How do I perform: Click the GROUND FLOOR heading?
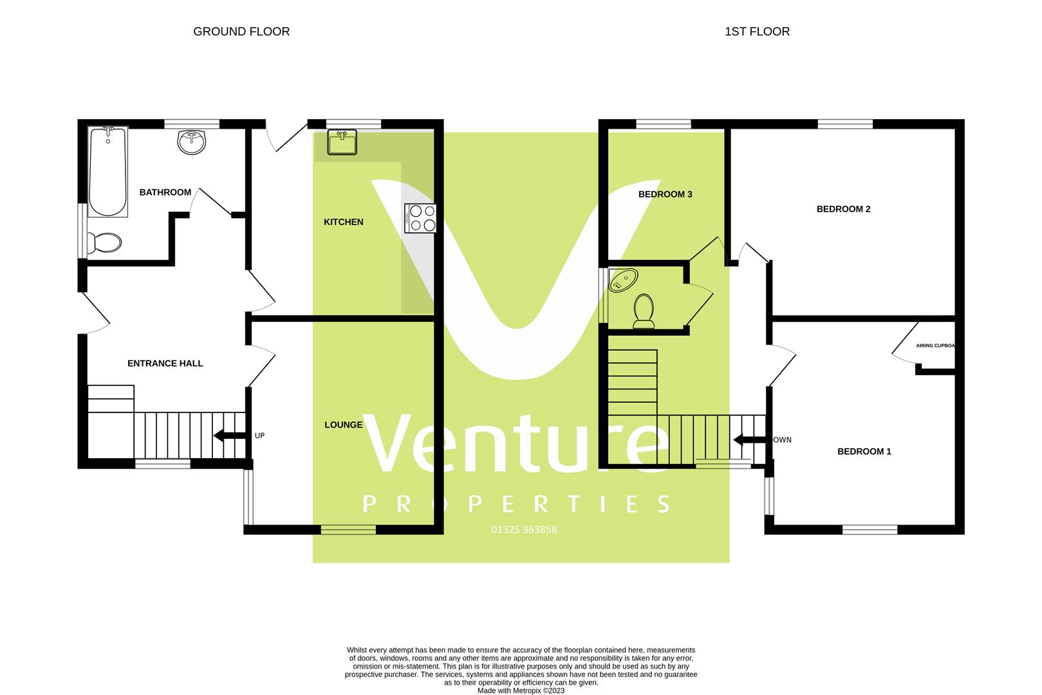241,32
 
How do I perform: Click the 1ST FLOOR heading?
757,32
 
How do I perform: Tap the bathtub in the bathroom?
107,171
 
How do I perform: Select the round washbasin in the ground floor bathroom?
192,142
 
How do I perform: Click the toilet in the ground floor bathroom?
104,243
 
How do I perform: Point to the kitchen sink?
342,142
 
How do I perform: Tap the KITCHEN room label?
343,222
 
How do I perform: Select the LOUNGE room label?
343,425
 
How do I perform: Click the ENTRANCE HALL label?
165,364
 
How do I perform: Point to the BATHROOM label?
165,192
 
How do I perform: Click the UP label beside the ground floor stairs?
259,436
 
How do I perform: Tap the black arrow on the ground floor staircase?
228,436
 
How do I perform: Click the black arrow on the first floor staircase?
749,440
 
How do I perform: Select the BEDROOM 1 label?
864,452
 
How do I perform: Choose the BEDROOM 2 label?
843,209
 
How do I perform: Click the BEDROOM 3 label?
665,194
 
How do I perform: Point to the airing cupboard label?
935,346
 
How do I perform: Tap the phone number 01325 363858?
524,530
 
